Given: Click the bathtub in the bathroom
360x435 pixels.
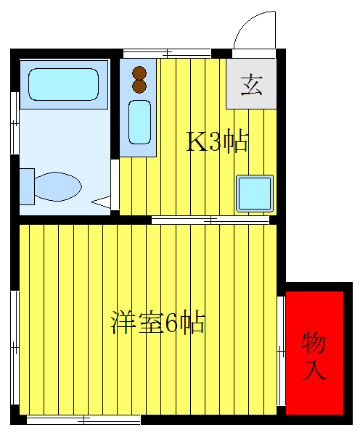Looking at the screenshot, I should (63, 85).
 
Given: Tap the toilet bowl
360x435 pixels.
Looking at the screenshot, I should (57, 186).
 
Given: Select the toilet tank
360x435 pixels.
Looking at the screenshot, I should (27, 186).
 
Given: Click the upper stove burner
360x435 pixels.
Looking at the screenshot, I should (139, 72).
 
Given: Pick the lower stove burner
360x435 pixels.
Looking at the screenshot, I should (139, 86).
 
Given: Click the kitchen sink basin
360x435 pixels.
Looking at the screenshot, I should (139, 122).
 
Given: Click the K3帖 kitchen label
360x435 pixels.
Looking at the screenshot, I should (218, 141).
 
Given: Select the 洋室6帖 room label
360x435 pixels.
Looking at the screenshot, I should (157, 322).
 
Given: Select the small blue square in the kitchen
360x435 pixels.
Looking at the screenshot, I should (254, 193).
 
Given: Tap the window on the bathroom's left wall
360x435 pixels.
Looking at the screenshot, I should (14, 123).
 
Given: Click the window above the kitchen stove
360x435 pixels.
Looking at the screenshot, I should (166, 53).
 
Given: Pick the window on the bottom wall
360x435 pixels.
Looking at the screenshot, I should (83, 419).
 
